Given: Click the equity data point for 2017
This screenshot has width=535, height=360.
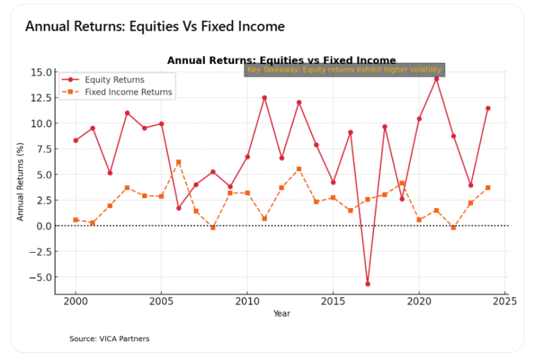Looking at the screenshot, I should (368, 284).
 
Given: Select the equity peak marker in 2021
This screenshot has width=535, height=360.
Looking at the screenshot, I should (436, 79).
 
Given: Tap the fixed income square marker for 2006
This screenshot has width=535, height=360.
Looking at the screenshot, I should (178, 162).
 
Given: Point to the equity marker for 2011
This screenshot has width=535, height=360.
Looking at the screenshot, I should (264, 98).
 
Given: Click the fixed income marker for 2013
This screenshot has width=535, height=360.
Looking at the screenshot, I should (299, 169).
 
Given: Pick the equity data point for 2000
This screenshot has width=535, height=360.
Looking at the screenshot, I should (75, 141).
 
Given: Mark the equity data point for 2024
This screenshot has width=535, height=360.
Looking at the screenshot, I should (488, 109).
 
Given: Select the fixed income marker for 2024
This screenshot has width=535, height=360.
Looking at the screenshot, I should (488, 188).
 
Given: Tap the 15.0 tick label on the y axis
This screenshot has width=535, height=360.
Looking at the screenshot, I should (39, 72).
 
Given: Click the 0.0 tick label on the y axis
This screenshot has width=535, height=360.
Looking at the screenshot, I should (41, 226).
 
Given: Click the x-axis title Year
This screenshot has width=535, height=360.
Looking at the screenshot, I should (281, 314).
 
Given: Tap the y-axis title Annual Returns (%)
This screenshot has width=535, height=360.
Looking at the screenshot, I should (21, 182).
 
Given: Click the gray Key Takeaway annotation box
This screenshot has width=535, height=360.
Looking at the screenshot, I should (344, 70).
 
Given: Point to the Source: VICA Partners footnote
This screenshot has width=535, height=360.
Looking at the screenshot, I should (109, 339).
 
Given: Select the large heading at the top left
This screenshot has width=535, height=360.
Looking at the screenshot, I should (155, 26).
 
